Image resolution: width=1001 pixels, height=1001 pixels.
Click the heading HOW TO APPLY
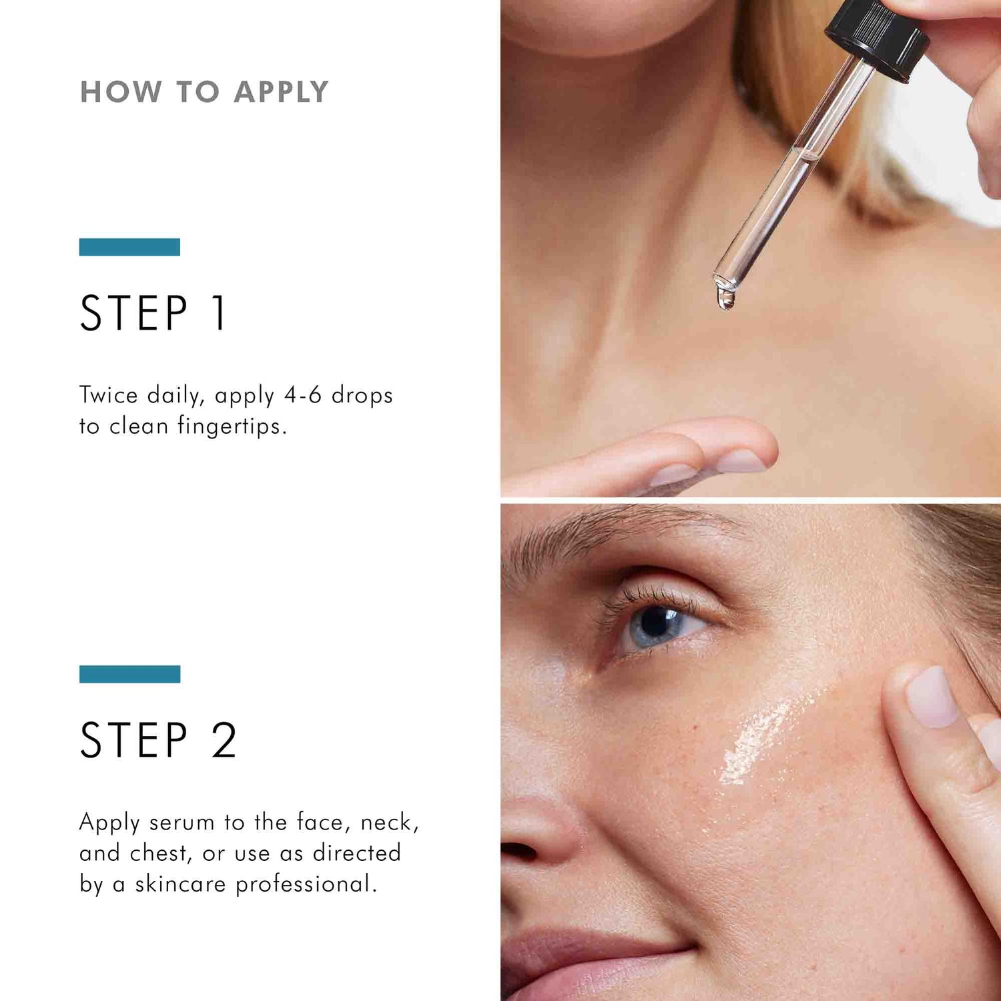point(204,92)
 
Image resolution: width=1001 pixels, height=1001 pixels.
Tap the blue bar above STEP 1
point(129,247)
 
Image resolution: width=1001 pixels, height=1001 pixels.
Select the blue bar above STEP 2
point(129,674)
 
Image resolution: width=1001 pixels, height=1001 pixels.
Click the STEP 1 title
point(153,313)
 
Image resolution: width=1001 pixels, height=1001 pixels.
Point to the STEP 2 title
point(158,740)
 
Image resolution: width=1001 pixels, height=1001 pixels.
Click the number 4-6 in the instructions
point(303,395)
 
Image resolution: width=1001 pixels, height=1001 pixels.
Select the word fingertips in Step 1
point(231,426)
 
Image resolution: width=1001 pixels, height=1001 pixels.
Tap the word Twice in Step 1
point(109,395)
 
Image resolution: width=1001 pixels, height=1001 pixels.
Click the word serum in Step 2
point(182,822)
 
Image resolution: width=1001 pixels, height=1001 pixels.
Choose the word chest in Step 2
point(159,853)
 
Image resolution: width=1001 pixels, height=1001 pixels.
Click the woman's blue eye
point(655,625)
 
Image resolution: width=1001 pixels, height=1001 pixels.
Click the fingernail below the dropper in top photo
point(741,460)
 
